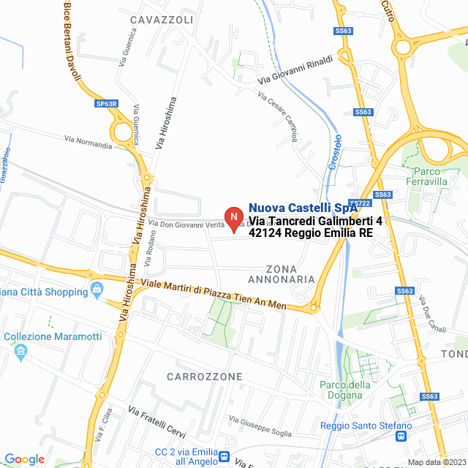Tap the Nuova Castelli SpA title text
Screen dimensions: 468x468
click(x=302, y=208)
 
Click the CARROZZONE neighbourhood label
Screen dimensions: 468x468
click(x=204, y=377)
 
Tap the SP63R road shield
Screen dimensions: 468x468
click(x=106, y=104)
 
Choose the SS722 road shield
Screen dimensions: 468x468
click(x=358, y=203)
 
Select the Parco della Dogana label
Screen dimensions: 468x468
click(x=345, y=390)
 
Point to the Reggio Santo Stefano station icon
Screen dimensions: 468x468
click(x=401, y=437)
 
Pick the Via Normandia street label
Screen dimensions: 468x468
click(x=88, y=142)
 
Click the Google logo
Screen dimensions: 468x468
click(x=24, y=459)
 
